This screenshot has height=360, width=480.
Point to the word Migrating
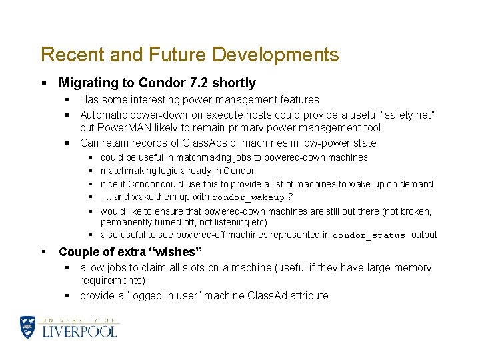(x=88, y=83)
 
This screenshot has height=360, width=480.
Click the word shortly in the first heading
(x=234, y=83)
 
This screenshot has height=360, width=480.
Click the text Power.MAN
(x=123, y=128)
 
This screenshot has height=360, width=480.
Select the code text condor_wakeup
(x=248, y=198)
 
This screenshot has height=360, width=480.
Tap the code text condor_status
(x=369, y=235)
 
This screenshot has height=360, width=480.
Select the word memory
(x=413, y=268)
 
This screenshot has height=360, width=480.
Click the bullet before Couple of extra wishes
(x=43, y=252)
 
